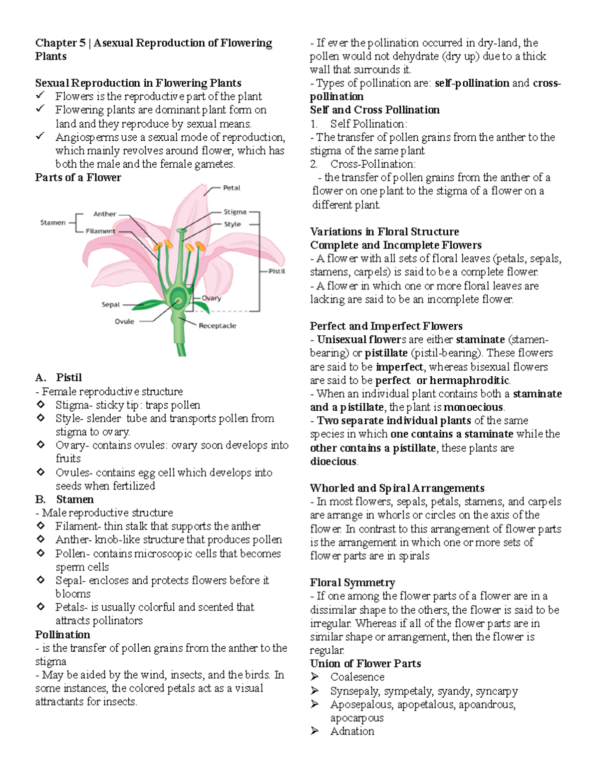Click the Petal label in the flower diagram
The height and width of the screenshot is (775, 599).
point(232,188)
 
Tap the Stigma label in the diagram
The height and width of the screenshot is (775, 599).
point(235,212)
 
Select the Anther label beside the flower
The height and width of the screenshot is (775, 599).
point(104,214)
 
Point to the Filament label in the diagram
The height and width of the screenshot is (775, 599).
point(100,231)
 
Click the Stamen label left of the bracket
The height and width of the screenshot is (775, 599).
point(53,223)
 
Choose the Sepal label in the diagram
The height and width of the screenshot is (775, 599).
point(111,304)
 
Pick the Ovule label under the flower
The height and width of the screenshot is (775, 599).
point(124,322)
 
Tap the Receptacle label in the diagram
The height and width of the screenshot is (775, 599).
point(217,326)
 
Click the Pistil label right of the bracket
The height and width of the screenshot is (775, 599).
point(277,271)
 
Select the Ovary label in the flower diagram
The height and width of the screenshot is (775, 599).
point(211,298)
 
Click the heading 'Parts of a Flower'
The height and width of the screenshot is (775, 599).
point(78,178)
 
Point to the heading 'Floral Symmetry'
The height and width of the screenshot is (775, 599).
point(352,583)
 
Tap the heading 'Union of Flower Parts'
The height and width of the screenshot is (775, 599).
point(365,664)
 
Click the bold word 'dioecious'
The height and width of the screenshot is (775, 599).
point(333,462)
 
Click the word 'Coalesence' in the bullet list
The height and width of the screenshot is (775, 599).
point(357,677)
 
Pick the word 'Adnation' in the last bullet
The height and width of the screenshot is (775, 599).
point(352,731)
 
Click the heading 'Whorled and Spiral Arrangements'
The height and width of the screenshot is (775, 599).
point(397,488)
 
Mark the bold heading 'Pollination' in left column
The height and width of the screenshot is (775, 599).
point(63,635)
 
